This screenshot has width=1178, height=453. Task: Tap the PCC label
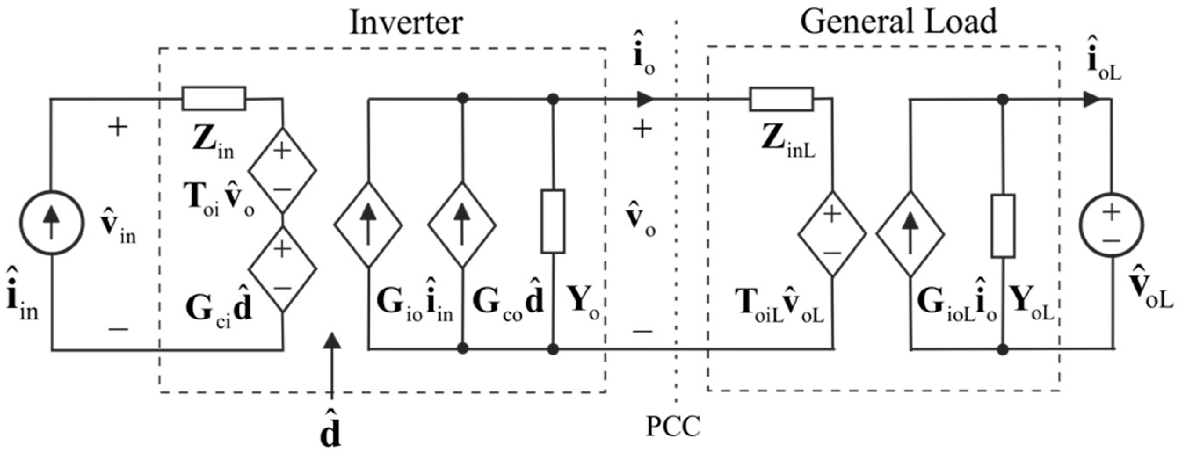[x=673, y=426]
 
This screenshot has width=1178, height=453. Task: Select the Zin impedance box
[x=214, y=99]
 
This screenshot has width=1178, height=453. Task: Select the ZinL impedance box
[x=781, y=99]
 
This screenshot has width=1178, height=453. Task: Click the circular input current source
[x=51, y=223]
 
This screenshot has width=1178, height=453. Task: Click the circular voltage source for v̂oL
[x=1112, y=225]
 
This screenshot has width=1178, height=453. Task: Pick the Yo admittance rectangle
[x=553, y=222]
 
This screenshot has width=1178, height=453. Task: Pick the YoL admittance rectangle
[x=1003, y=226]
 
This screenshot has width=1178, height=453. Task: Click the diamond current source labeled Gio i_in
[x=368, y=225]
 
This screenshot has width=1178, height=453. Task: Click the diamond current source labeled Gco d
[x=462, y=225]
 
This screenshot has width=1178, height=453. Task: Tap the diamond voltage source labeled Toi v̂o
[x=282, y=170]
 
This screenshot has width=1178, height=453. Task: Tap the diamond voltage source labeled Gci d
[x=282, y=269]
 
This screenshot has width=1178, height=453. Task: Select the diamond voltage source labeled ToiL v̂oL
[x=832, y=234]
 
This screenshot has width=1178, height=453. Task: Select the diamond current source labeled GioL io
[x=910, y=234]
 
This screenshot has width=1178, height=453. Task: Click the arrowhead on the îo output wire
[x=645, y=99]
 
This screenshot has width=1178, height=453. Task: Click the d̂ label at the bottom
[x=330, y=430]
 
